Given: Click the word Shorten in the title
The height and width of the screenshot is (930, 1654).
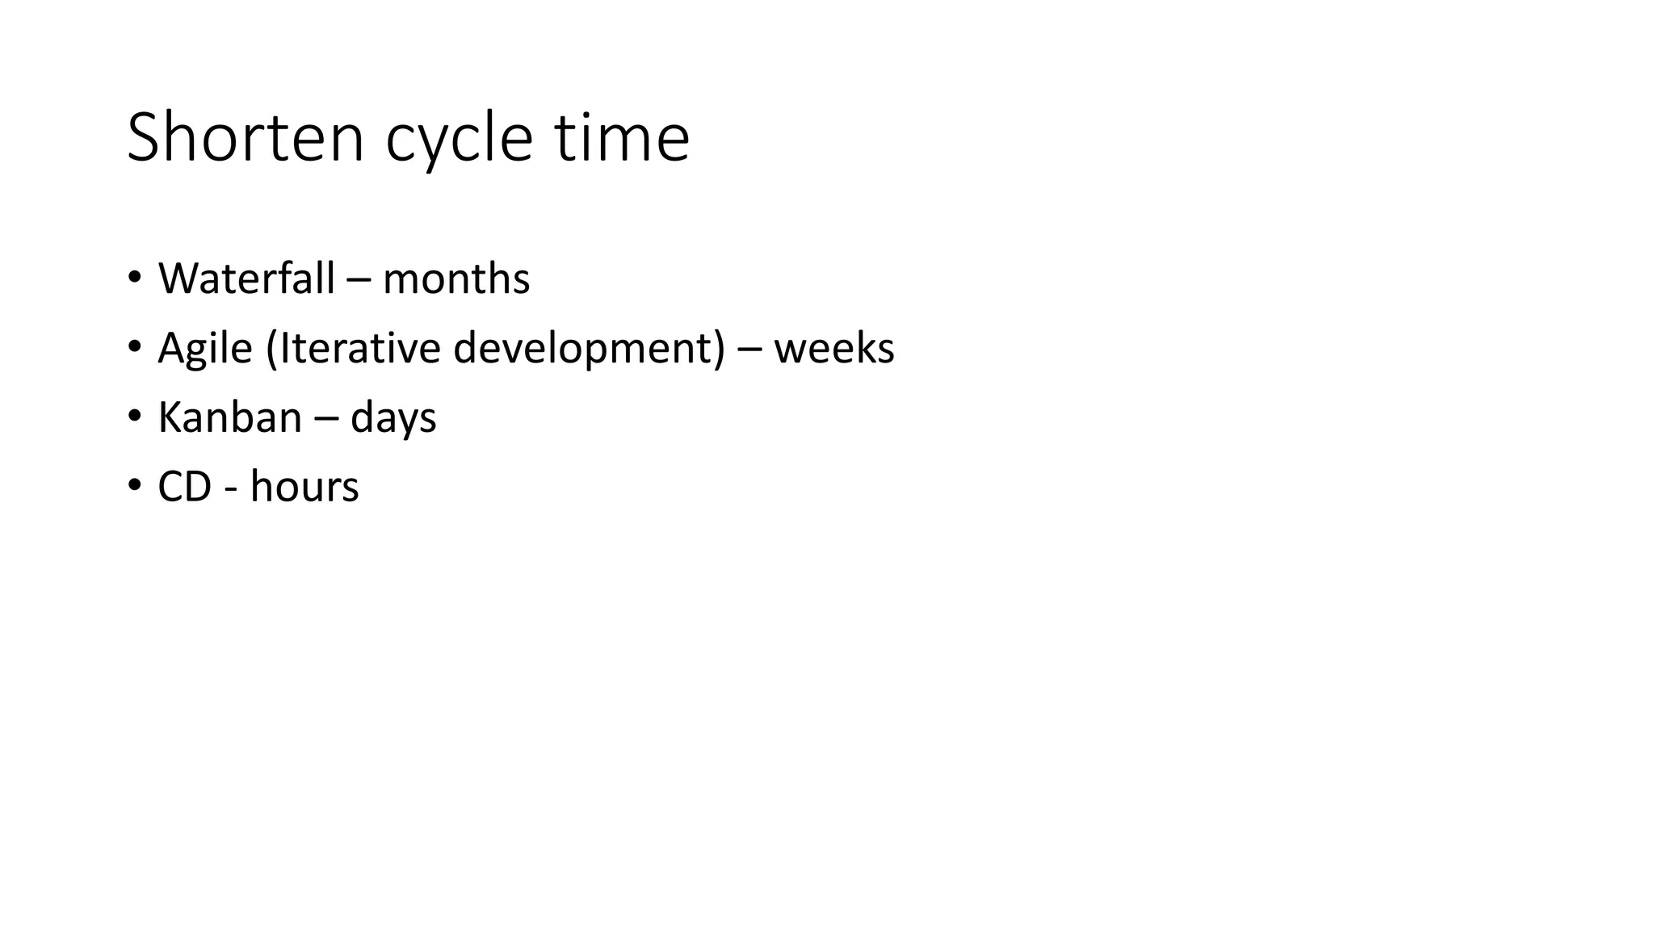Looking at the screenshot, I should (246, 138).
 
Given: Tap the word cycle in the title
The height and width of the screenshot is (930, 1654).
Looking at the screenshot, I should (459, 141).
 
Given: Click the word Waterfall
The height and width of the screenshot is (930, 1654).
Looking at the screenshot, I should (246, 279).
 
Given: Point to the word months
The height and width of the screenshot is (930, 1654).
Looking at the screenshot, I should (455, 279).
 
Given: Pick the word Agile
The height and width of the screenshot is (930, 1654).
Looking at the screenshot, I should (205, 350).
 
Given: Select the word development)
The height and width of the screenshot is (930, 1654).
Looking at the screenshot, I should (589, 350).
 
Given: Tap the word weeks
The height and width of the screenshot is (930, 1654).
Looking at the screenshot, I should (833, 348).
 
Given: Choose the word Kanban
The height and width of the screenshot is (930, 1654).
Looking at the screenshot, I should (229, 417).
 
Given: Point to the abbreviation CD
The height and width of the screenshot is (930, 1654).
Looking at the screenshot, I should (184, 487).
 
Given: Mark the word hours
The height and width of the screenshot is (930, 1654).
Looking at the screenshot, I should (304, 487).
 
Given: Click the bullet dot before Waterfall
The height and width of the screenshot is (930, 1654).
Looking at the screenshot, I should (134, 278).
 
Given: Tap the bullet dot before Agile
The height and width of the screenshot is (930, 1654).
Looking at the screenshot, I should (134, 347).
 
